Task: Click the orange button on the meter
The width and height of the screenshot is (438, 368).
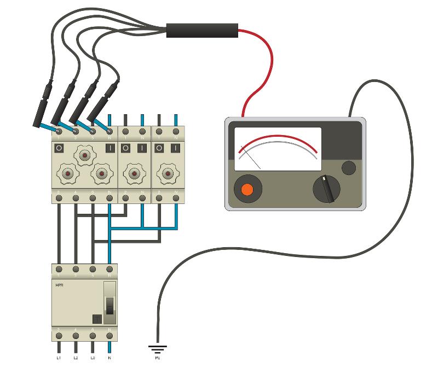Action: click(x=246, y=189)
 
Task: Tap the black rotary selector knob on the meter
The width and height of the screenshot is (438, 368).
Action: click(x=327, y=189)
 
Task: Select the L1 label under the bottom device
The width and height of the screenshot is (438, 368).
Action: click(x=59, y=358)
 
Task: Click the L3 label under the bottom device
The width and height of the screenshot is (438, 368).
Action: click(x=93, y=358)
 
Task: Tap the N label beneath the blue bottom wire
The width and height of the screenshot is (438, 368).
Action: click(x=110, y=358)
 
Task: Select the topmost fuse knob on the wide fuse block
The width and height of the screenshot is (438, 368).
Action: click(x=84, y=156)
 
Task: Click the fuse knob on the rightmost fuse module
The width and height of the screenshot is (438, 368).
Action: click(x=168, y=174)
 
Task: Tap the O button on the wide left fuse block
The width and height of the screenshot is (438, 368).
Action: click(x=59, y=148)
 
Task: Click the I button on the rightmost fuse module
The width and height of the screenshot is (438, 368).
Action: click(x=175, y=148)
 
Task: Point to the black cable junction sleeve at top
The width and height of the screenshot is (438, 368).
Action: click(x=202, y=30)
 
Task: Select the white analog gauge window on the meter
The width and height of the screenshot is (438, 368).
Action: click(x=278, y=149)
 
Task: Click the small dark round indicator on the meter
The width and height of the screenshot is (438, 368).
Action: click(x=348, y=167)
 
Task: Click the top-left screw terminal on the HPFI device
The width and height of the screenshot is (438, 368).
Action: click(x=59, y=270)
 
